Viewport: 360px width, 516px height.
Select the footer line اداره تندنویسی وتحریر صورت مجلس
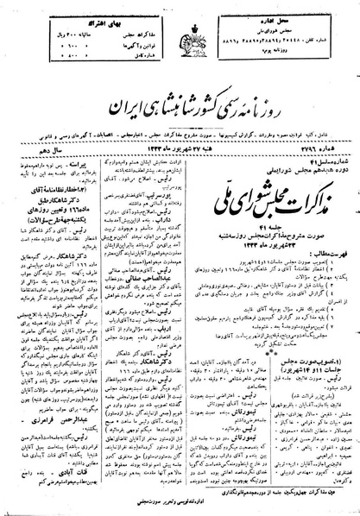coord(180,505)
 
